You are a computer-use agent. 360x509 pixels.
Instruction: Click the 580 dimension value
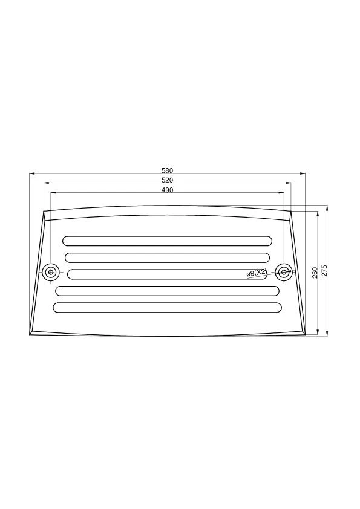click(168, 170)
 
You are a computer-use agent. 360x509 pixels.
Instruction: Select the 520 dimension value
click(168, 180)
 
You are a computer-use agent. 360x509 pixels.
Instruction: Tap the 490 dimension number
click(168, 190)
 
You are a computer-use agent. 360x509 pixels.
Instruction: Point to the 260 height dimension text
click(315, 273)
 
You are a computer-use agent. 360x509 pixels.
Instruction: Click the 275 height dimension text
click(324, 270)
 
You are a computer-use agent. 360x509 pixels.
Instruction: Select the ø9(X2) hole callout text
click(257, 273)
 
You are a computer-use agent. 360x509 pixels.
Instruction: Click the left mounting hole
click(50, 272)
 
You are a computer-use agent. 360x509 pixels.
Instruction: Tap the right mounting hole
click(283, 272)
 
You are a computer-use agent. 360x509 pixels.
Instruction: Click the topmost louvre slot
click(168, 241)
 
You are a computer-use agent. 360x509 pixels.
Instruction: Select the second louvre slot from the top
click(168, 258)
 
